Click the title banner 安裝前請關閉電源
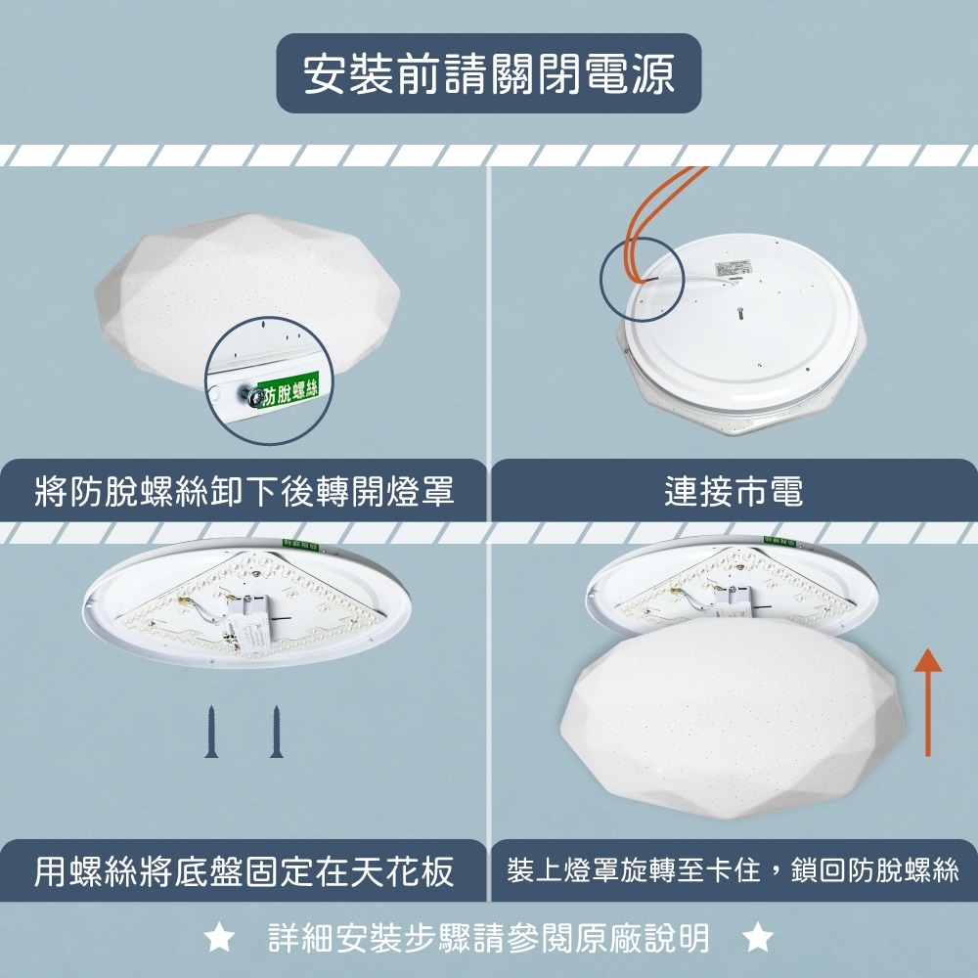coord(489,74)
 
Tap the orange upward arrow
coord(927,704)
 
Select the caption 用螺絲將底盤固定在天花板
coord(244,870)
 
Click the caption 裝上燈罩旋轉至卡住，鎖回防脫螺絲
coord(733,870)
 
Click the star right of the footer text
coord(757,939)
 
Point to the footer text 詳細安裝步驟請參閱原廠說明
coord(489,939)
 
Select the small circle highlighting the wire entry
coord(637,280)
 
